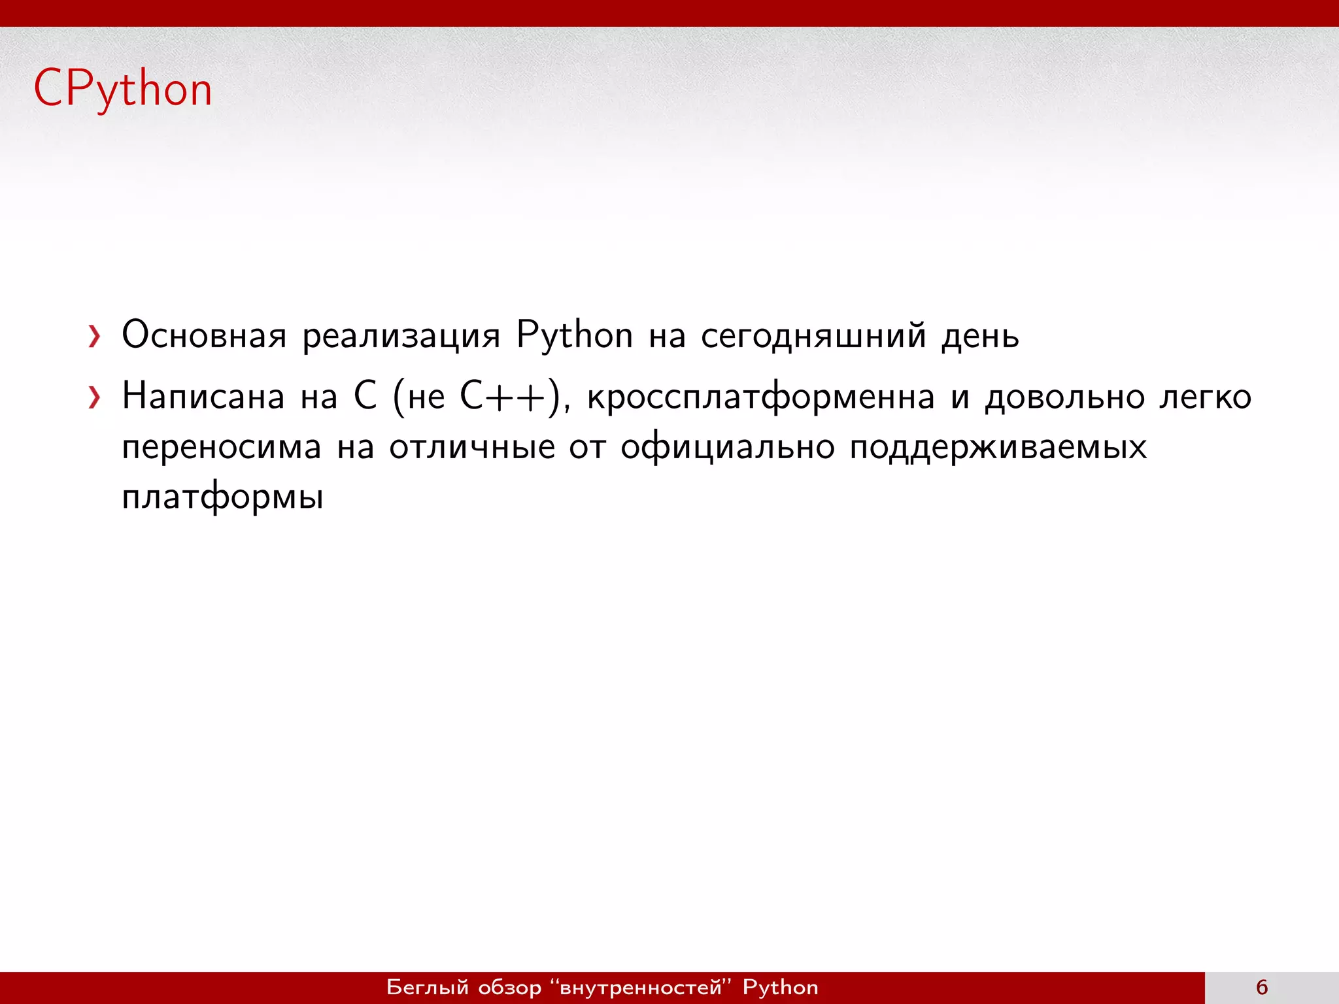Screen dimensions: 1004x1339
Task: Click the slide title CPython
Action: (x=123, y=90)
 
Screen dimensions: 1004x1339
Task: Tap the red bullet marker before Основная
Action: (x=95, y=337)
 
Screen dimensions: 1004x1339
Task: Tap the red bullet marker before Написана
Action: (x=95, y=397)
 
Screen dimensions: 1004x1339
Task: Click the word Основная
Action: (x=204, y=335)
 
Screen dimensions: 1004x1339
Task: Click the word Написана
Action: (x=203, y=397)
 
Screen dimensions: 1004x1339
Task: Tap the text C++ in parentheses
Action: (x=503, y=397)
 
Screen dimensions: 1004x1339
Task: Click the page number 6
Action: (x=1262, y=987)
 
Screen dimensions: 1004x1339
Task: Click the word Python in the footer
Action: (x=780, y=987)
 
